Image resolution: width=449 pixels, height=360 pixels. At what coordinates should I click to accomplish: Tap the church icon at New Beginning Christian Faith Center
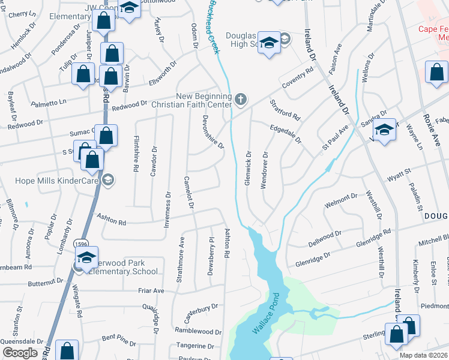click(241, 99)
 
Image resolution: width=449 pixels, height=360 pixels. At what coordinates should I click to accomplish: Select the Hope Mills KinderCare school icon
click(108, 179)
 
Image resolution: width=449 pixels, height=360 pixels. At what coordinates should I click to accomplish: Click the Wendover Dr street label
click(264, 172)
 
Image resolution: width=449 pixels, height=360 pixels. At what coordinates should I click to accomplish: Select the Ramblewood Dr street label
click(198, 331)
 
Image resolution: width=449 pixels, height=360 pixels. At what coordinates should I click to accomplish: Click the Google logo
click(20, 353)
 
